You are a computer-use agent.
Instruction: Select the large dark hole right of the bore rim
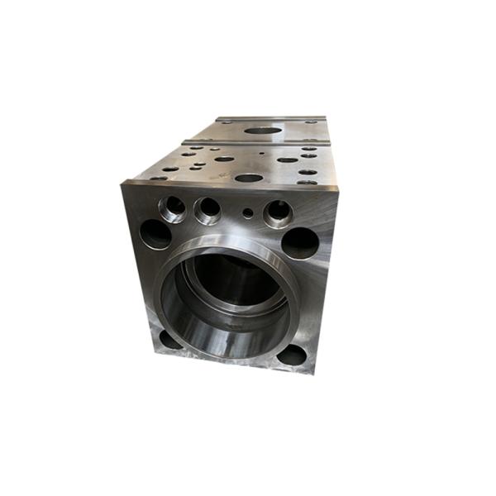tap(300, 242)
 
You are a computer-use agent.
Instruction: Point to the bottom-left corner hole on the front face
tap(169, 339)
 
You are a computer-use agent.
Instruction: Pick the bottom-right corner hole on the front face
tap(291, 355)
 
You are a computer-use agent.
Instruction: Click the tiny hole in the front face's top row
tap(248, 212)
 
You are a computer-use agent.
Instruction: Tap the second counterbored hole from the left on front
tap(208, 209)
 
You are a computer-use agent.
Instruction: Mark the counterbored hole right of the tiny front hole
tap(279, 213)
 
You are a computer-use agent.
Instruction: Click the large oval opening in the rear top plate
tap(261, 130)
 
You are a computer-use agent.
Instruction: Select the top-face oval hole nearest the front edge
tap(249, 177)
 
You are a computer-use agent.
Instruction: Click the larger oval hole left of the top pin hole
tap(224, 159)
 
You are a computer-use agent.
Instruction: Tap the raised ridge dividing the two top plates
tap(256, 142)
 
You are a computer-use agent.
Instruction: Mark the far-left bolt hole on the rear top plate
tap(223, 122)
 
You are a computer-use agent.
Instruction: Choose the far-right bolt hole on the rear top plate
tap(312, 122)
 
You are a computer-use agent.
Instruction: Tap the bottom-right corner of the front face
tap(315, 374)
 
